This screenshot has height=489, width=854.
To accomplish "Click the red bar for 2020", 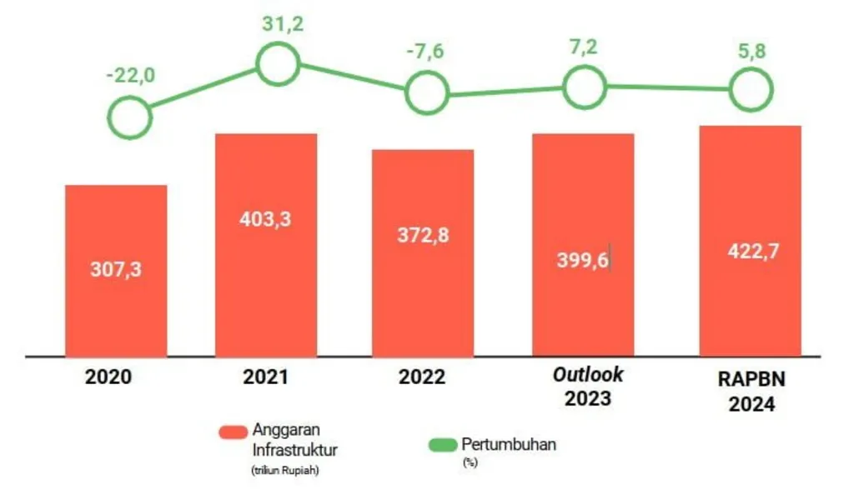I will pyautogui.click(x=116, y=270).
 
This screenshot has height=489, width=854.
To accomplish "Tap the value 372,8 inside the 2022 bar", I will pyautogui.click(x=423, y=235).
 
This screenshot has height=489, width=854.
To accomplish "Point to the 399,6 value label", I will pyautogui.click(x=582, y=259).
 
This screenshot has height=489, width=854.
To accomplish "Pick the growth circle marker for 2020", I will pyautogui.click(x=130, y=117).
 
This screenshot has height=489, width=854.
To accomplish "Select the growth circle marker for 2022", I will pyautogui.click(x=427, y=92).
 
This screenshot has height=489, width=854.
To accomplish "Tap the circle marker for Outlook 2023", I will pyautogui.click(x=584, y=87).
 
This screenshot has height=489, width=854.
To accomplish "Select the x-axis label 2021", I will pyautogui.click(x=265, y=377).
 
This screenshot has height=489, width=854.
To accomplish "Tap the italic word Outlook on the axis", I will pyautogui.click(x=588, y=374).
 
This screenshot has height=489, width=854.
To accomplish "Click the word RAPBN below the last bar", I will pyautogui.click(x=750, y=379).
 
